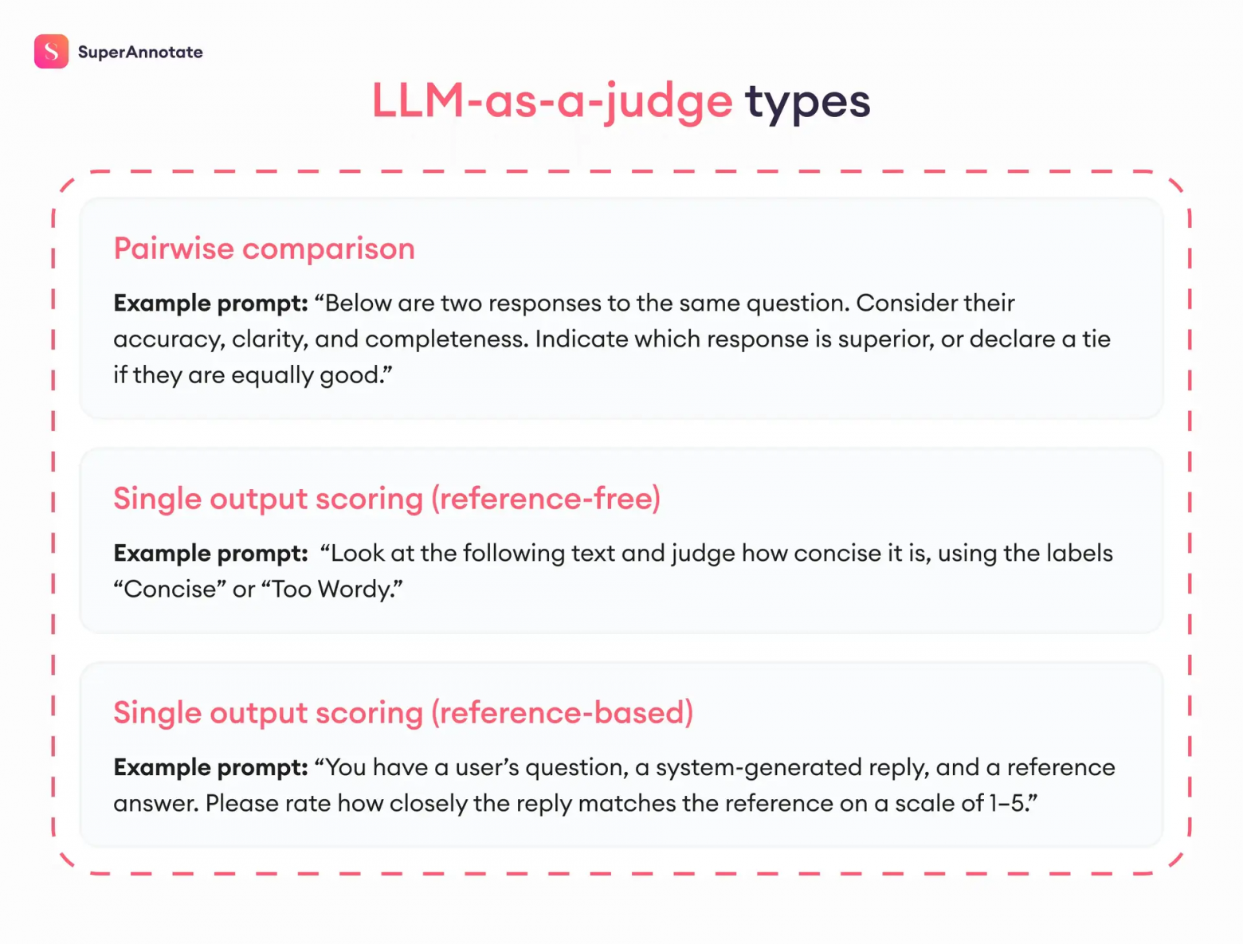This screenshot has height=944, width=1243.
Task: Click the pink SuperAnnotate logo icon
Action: click(51, 52)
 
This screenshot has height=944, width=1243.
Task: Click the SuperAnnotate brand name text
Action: click(140, 53)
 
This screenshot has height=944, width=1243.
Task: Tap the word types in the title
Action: click(806, 102)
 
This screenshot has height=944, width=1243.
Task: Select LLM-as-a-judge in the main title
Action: click(551, 102)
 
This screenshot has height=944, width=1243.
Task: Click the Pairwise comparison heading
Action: click(264, 249)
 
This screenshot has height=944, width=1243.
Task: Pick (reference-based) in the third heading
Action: click(562, 713)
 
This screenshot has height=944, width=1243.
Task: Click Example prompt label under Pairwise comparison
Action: click(210, 304)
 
